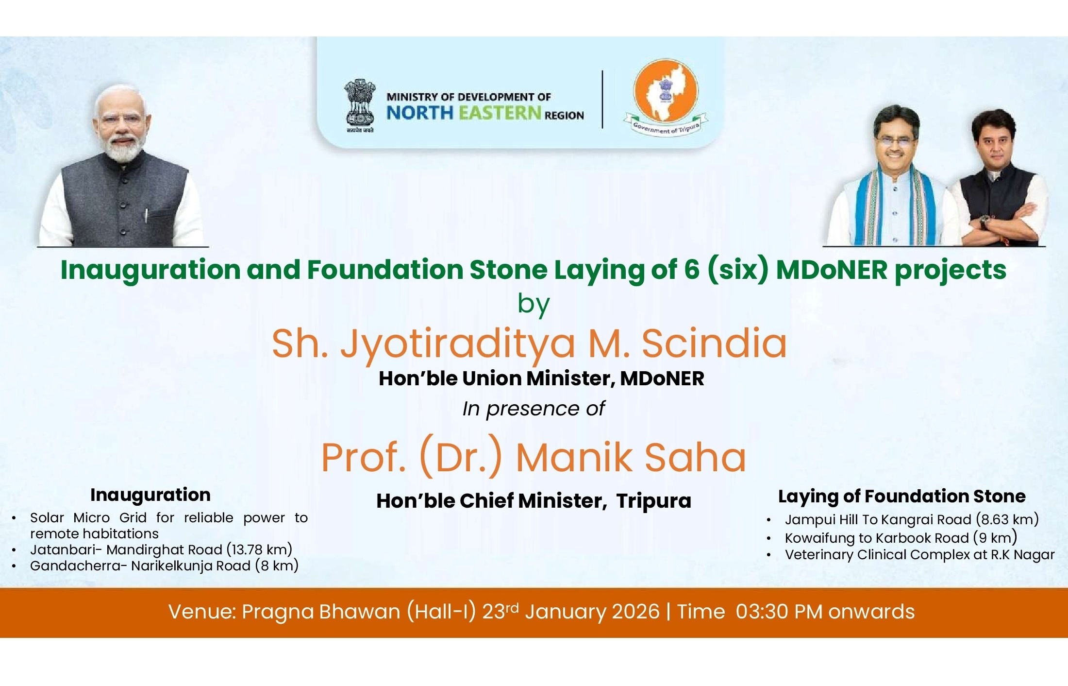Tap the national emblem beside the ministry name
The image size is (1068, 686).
click(360, 105)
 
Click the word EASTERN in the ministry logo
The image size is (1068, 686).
click(500, 113)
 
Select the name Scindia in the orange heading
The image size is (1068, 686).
click(714, 343)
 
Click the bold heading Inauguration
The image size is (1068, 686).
click(150, 495)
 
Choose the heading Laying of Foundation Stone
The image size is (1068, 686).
click(902, 497)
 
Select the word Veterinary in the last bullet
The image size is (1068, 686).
click(819, 555)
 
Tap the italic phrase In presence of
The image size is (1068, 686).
click(533, 409)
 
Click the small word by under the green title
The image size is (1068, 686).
click(534, 305)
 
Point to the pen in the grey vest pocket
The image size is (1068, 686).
click(147, 215)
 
